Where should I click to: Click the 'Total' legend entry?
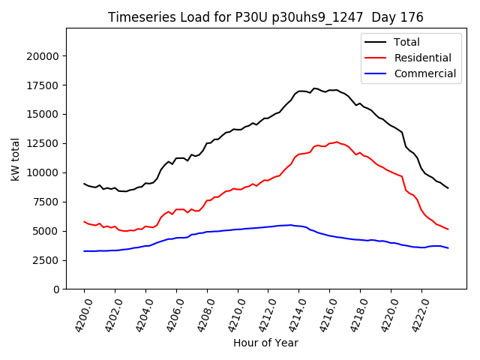coord(406,42)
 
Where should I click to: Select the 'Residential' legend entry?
coord(422,58)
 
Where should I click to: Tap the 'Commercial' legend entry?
coord(424,73)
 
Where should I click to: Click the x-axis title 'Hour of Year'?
coord(265,343)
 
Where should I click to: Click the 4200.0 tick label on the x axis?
coord(78,313)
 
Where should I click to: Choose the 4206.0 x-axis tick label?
coord(170,313)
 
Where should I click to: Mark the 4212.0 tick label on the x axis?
coord(262,313)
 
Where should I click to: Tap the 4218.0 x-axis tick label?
coord(354,313)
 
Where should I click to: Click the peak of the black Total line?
coord(315,88)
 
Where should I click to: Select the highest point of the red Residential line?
coord(337,142)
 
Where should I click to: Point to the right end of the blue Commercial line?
coord(448,247)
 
